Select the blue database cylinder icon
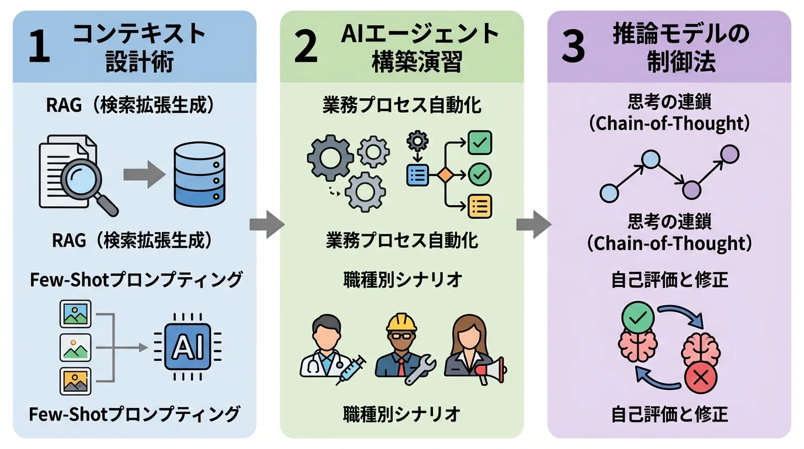pos(199,175)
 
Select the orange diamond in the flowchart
pos(445,175)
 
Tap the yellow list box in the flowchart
pos(480,206)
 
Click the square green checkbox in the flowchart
pos(480,142)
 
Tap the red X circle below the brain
pos(702,378)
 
